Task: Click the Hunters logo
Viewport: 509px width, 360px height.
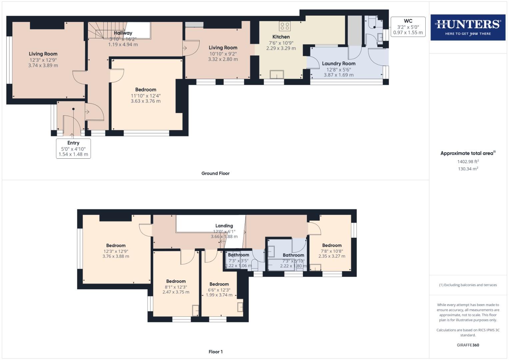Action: (x=468, y=27)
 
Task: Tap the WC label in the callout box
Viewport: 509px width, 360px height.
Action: (x=408, y=21)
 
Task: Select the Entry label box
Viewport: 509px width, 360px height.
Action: (x=73, y=148)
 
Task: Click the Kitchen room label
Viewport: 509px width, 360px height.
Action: (x=281, y=37)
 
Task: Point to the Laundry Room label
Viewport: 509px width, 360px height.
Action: (x=339, y=63)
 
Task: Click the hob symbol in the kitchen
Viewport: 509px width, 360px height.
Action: (x=285, y=26)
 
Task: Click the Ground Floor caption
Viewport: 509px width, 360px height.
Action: (x=215, y=173)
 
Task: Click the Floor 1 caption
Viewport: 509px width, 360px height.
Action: (x=215, y=352)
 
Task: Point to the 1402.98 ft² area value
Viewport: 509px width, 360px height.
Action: (x=468, y=162)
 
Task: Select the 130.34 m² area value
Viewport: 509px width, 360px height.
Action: (x=468, y=169)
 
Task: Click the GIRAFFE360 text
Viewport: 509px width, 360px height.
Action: (x=468, y=345)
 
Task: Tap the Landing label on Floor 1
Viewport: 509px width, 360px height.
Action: (x=224, y=226)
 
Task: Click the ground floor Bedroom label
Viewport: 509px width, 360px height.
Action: (x=146, y=89)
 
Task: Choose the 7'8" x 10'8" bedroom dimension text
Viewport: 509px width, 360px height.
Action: (x=332, y=251)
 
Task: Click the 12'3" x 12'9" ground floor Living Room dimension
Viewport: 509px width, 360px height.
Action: (x=43, y=60)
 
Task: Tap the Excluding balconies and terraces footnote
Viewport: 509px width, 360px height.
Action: (x=468, y=285)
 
